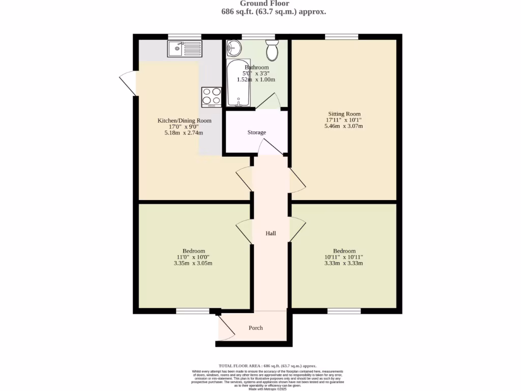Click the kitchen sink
click(184, 49)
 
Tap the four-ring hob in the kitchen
click(212, 97)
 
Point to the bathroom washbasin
click(234, 48)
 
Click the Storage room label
click(256, 132)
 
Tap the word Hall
click(271, 233)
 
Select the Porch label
click(255, 328)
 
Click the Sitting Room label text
click(344, 114)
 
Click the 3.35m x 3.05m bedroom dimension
click(193, 263)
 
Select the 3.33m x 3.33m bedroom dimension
click(344, 263)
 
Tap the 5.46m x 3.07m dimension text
click(344, 126)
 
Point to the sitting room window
click(341, 36)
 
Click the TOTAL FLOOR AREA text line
click(268, 366)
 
